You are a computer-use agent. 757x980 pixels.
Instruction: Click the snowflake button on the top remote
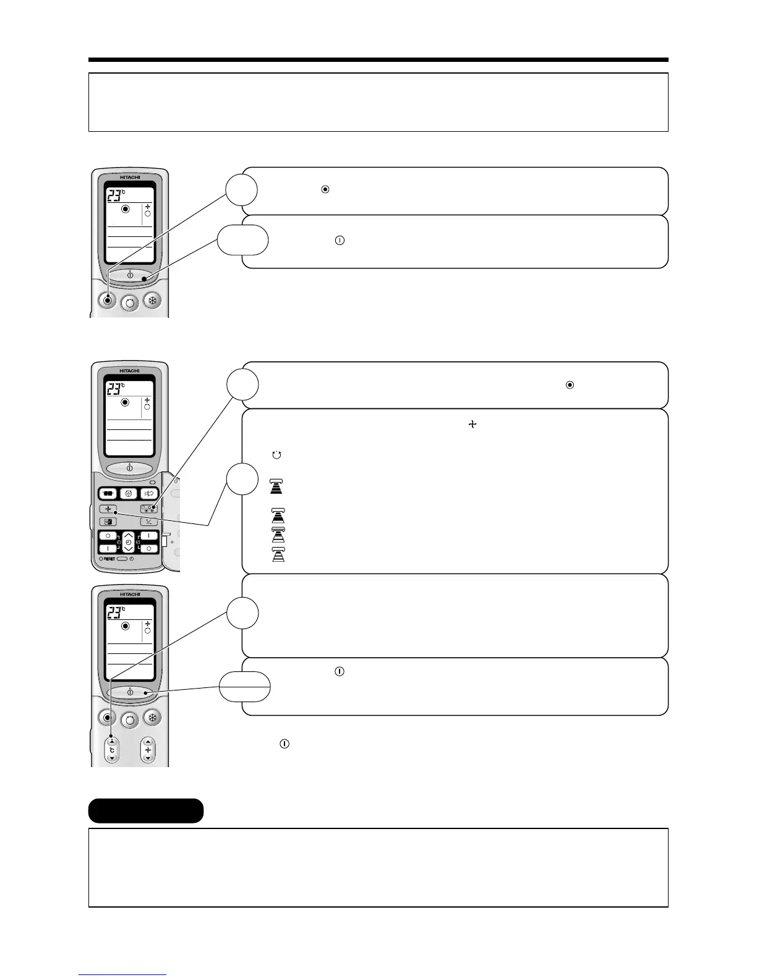click(x=152, y=301)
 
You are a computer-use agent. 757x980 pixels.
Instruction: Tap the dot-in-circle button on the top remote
click(x=108, y=301)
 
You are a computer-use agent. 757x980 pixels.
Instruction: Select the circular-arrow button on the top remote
click(x=130, y=303)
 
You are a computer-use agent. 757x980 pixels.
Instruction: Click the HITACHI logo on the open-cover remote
click(x=130, y=371)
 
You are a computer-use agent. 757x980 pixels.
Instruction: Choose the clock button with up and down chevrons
click(x=128, y=541)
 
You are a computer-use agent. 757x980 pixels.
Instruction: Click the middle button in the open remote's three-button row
click(x=129, y=494)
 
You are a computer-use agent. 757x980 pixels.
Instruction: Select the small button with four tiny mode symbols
click(x=148, y=509)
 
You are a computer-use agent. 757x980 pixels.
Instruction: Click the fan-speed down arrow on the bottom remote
click(x=148, y=758)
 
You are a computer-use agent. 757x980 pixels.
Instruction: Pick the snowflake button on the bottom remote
click(x=152, y=718)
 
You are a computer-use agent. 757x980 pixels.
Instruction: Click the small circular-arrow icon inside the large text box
click(x=276, y=455)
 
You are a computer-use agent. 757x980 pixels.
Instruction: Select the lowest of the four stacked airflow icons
click(x=278, y=555)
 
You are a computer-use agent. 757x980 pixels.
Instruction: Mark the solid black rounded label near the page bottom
click(x=146, y=810)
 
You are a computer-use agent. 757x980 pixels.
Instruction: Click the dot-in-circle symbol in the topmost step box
click(x=325, y=189)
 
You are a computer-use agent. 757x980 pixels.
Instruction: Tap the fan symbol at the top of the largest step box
click(x=473, y=424)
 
